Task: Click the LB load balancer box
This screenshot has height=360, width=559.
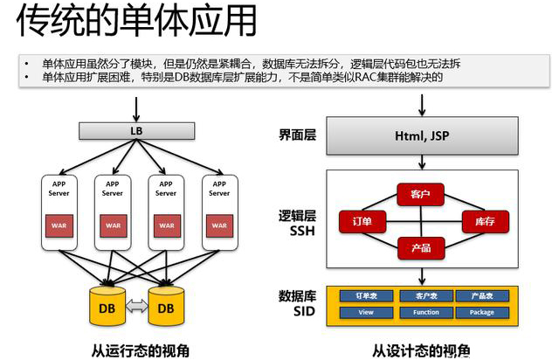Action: click(x=135, y=132)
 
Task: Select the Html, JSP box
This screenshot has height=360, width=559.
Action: click(x=423, y=137)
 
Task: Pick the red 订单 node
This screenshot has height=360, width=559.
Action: click(x=361, y=222)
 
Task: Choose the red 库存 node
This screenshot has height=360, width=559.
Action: click(x=484, y=222)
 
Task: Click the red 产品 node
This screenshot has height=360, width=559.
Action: click(x=421, y=248)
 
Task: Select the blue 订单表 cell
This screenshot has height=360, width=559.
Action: click(x=365, y=296)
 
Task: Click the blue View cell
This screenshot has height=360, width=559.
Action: click(x=365, y=312)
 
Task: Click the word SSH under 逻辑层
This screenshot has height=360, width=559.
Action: click(x=297, y=230)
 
